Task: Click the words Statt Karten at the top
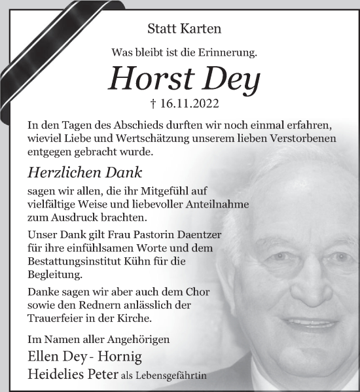pyautogui.click(x=185, y=29)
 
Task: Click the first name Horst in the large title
pyautogui.click(x=147, y=79)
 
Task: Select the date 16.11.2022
pyautogui.click(x=189, y=103)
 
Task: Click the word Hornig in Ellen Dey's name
pyautogui.click(x=120, y=357)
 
